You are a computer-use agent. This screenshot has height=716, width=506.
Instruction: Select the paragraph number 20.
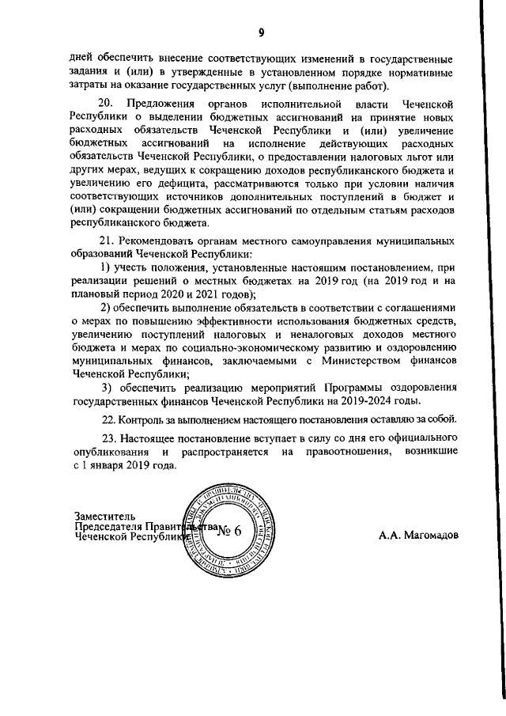[105, 104]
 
